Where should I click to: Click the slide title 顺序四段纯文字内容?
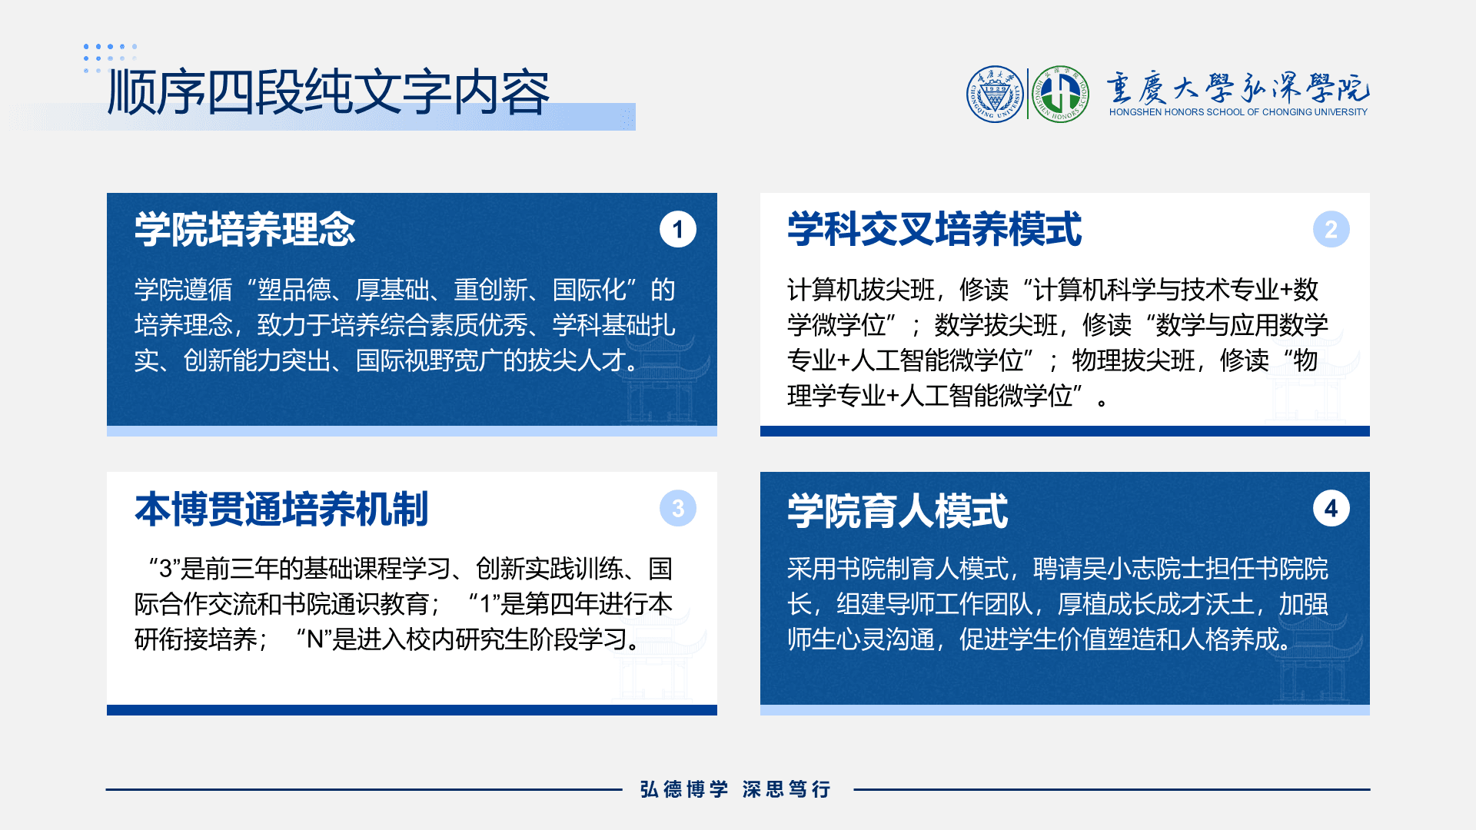point(328,92)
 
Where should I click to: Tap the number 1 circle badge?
point(677,229)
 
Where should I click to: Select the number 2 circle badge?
point(1331,229)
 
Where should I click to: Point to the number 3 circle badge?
point(677,508)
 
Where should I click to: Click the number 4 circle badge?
point(1331,508)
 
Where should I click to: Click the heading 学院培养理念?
point(244,229)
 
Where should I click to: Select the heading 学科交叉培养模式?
point(934,229)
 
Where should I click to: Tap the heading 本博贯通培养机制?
point(281,509)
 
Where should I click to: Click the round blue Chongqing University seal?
point(996,94)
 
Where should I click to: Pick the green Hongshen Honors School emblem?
point(1060,94)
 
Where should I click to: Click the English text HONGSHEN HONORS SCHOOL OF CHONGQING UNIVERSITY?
point(1238,112)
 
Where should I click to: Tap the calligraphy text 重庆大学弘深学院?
point(1238,88)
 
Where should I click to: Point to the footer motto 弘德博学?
point(684,789)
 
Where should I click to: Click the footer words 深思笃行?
point(786,789)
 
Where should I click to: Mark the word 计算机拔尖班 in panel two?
point(860,290)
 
